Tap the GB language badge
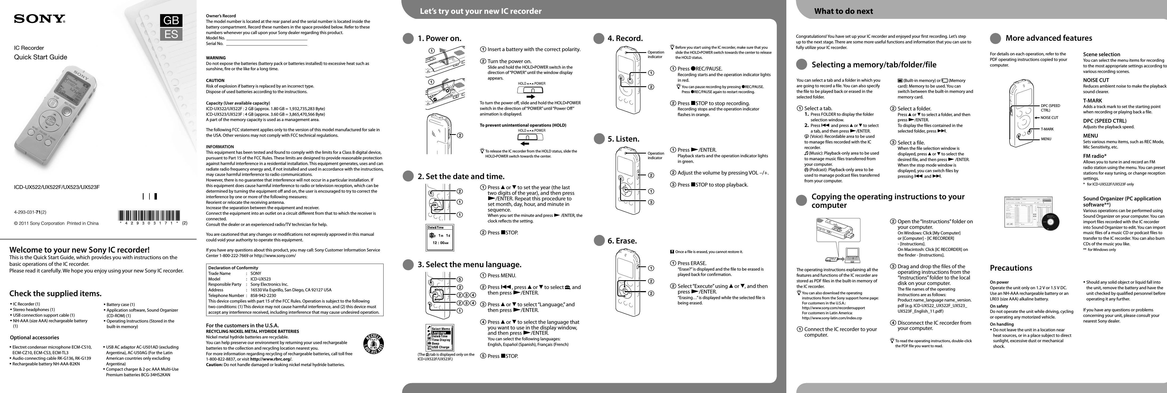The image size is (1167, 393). [x=171, y=20]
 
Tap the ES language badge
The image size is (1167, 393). [x=171, y=34]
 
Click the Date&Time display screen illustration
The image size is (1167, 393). [x=440, y=238]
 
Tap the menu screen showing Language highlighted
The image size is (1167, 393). [x=440, y=337]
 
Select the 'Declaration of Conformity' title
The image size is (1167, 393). [x=233, y=268]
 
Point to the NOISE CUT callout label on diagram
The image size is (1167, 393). [x=1049, y=118]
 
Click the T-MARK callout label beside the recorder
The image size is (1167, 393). [x=1047, y=129]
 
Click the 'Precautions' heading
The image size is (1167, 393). [x=1011, y=268]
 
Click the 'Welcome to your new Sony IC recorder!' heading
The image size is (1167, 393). [x=79, y=250]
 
